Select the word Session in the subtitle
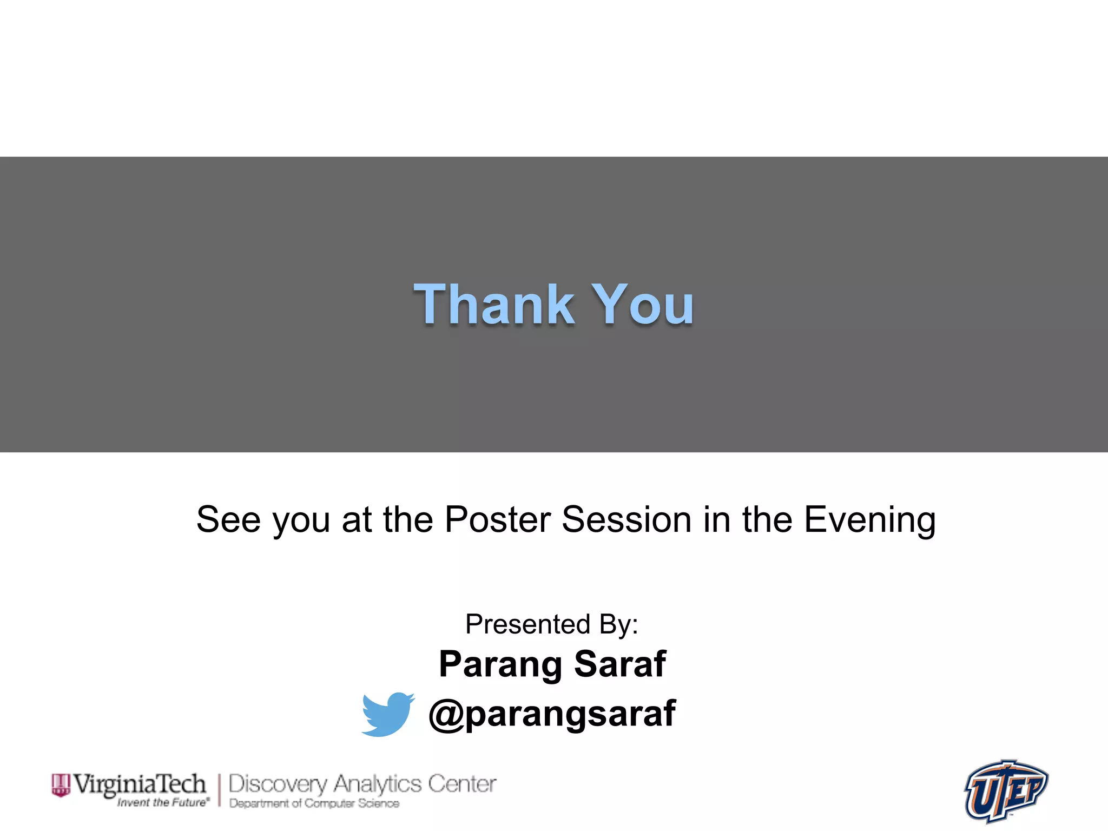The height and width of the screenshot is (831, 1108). point(627,519)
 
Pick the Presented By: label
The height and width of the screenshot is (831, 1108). point(552,624)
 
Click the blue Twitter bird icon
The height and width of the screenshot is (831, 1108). point(387,714)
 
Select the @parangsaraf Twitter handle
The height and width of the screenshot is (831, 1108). point(552,714)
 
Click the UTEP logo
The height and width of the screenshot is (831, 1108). point(1006,790)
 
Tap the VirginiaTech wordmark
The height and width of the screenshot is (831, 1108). point(140,784)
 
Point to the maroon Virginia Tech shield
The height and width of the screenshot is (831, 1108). point(61,785)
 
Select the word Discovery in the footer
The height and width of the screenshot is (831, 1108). point(278,784)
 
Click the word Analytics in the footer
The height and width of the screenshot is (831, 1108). point(377,784)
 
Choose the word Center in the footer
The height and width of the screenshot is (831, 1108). point(462,784)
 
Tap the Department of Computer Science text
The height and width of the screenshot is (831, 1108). point(314,803)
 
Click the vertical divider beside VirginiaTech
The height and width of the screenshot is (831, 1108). point(220,790)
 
